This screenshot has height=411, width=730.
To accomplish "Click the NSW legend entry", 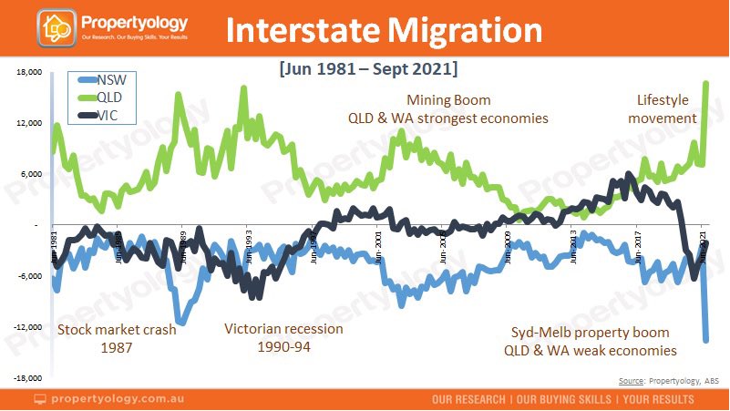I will [x=108, y=79].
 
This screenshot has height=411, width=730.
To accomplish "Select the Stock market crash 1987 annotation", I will [x=116, y=338].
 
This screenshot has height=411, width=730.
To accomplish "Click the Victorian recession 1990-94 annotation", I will [x=283, y=338].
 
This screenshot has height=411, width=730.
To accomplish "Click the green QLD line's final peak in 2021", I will [x=706, y=83].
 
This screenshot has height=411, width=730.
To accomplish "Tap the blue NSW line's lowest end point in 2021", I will [x=705, y=340].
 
